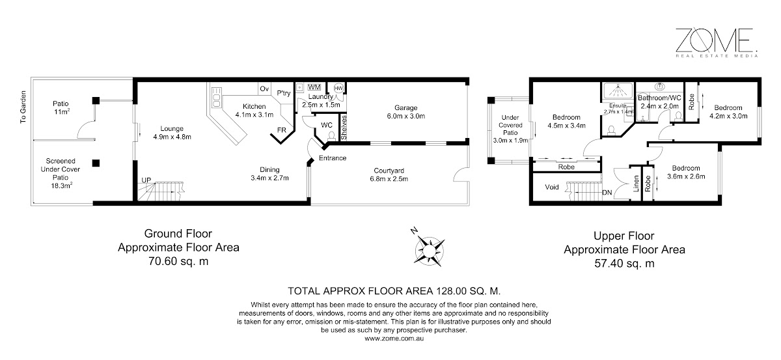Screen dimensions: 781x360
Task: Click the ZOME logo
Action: [x=716, y=42]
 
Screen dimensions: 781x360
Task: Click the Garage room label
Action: [x=406, y=108]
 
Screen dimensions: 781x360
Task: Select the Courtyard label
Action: [x=389, y=171]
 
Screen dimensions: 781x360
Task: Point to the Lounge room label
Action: [x=172, y=129]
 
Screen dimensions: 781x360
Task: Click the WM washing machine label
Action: [x=314, y=87]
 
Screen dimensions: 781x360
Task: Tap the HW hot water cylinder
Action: [x=338, y=89]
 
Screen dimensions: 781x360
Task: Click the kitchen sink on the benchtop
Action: [x=217, y=98]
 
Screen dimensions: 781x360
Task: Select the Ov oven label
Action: [x=264, y=89]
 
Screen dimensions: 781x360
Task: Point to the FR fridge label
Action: [x=282, y=130]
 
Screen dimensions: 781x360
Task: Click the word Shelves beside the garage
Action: [x=344, y=128]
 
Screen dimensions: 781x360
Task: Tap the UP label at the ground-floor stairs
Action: [x=146, y=180]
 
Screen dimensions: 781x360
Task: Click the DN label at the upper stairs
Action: [x=607, y=193]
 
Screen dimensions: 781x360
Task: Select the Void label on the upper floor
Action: [x=552, y=187]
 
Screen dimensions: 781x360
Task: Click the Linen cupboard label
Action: [x=636, y=184]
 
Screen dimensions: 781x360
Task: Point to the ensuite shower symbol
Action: [x=618, y=91]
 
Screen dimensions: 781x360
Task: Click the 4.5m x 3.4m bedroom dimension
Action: [x=567, y=126]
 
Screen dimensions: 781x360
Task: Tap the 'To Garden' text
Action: [x=23, y=107]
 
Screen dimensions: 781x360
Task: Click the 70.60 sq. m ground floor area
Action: [x=178, y=261]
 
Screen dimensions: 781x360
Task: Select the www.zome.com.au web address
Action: [x=394, y=339]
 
